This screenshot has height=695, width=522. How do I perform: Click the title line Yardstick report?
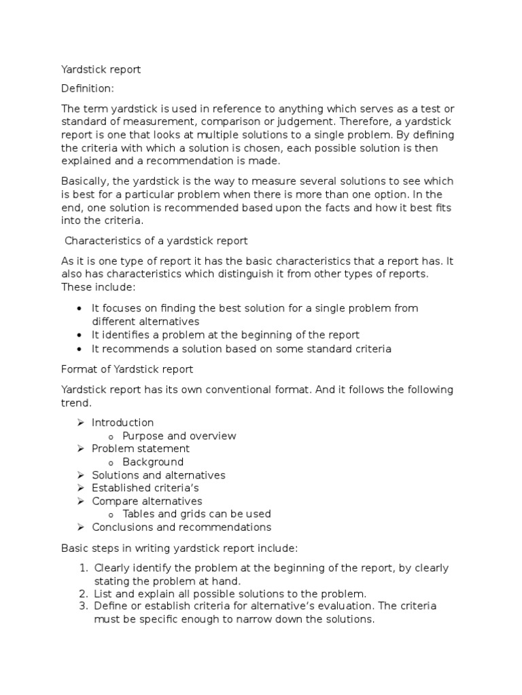tap(101, 69)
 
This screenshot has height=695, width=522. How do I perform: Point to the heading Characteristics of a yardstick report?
tap(156, 240)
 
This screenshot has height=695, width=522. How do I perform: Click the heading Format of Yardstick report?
tap(127, 369)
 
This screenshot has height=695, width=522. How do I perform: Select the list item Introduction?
tap(123, 422)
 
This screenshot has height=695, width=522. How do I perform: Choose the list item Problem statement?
tap(141, 449)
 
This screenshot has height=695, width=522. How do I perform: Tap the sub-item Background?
tap(153, 462)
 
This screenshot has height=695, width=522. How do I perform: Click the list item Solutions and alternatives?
tap(158, 475)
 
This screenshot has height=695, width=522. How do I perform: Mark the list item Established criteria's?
tap(145, 488)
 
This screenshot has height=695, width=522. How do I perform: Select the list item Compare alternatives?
tap(147, 501)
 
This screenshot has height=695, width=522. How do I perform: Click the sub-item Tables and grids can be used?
tap(197, 514)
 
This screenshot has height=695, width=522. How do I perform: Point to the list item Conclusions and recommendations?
tap(181, 527)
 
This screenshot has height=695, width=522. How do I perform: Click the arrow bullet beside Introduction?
tap(80, 422)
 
